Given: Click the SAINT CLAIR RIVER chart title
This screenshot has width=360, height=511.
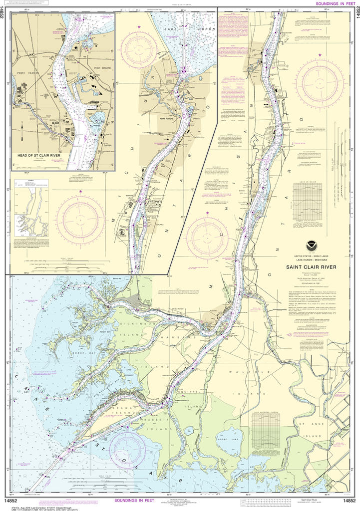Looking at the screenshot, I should click(x=311, y=266).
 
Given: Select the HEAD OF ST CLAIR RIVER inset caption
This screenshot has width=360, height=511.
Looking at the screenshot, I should click(x=38, y=155).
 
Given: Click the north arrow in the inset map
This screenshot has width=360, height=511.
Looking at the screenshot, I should click(x=21, y=133).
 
